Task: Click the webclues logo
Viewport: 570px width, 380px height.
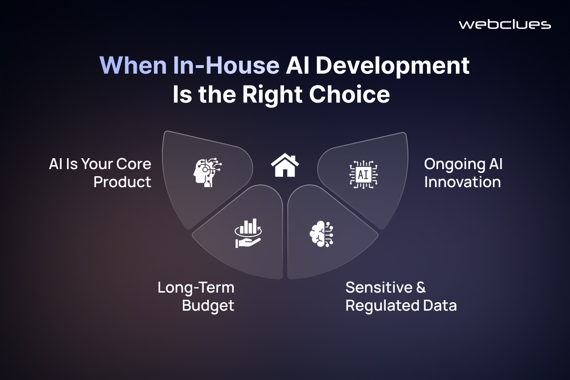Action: point(505,25)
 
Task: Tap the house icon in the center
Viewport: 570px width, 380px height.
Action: point(285,165)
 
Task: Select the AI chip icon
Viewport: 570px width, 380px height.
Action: point(363,175)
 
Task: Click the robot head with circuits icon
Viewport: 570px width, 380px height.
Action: point(207,172)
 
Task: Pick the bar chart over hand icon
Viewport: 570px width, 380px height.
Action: point(248,233)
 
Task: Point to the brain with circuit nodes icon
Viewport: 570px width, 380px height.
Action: point(322,234)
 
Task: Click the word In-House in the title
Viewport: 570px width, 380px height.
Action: point(226,65)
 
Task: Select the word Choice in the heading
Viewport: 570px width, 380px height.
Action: point(350,94)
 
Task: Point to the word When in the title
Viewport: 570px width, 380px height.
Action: point(133,65)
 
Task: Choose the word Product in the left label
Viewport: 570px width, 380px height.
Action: point(122,182)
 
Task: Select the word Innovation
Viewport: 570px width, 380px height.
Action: point(462,182)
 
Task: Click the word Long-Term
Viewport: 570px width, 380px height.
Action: point(196,287)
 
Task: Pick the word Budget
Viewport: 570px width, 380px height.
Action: point(208,305)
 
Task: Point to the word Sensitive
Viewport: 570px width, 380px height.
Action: point(379,287)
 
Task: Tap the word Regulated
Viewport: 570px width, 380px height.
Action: point(382,305)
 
